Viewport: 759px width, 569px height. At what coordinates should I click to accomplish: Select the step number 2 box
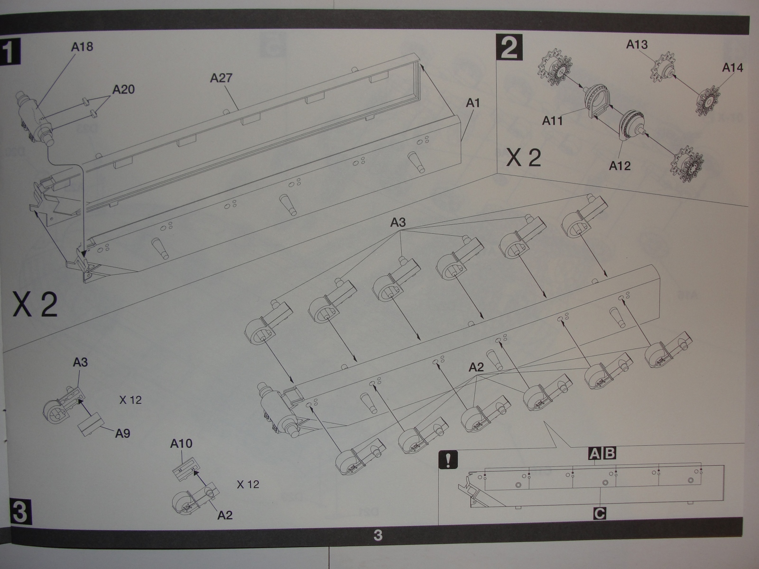(509, 47)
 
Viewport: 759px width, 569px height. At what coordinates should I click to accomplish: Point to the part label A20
(123, 89)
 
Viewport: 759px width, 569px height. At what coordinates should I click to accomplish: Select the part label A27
(221, 77)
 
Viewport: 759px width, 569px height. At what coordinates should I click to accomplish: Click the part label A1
(472, 102)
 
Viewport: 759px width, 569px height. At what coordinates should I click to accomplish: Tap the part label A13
(637, 45)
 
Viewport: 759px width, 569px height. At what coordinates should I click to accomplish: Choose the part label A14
(732, 68)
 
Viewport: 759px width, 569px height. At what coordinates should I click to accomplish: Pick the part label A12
(619, 166)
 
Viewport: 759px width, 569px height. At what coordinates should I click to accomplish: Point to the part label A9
(122, 433)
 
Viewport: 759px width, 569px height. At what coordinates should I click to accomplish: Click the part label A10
(181, 444)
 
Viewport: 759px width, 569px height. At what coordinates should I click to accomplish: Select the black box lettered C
(600, 513)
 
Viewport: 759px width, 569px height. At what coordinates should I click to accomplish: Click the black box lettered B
(609, 454)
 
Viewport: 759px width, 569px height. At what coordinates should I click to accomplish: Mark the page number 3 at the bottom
(378, 536)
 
